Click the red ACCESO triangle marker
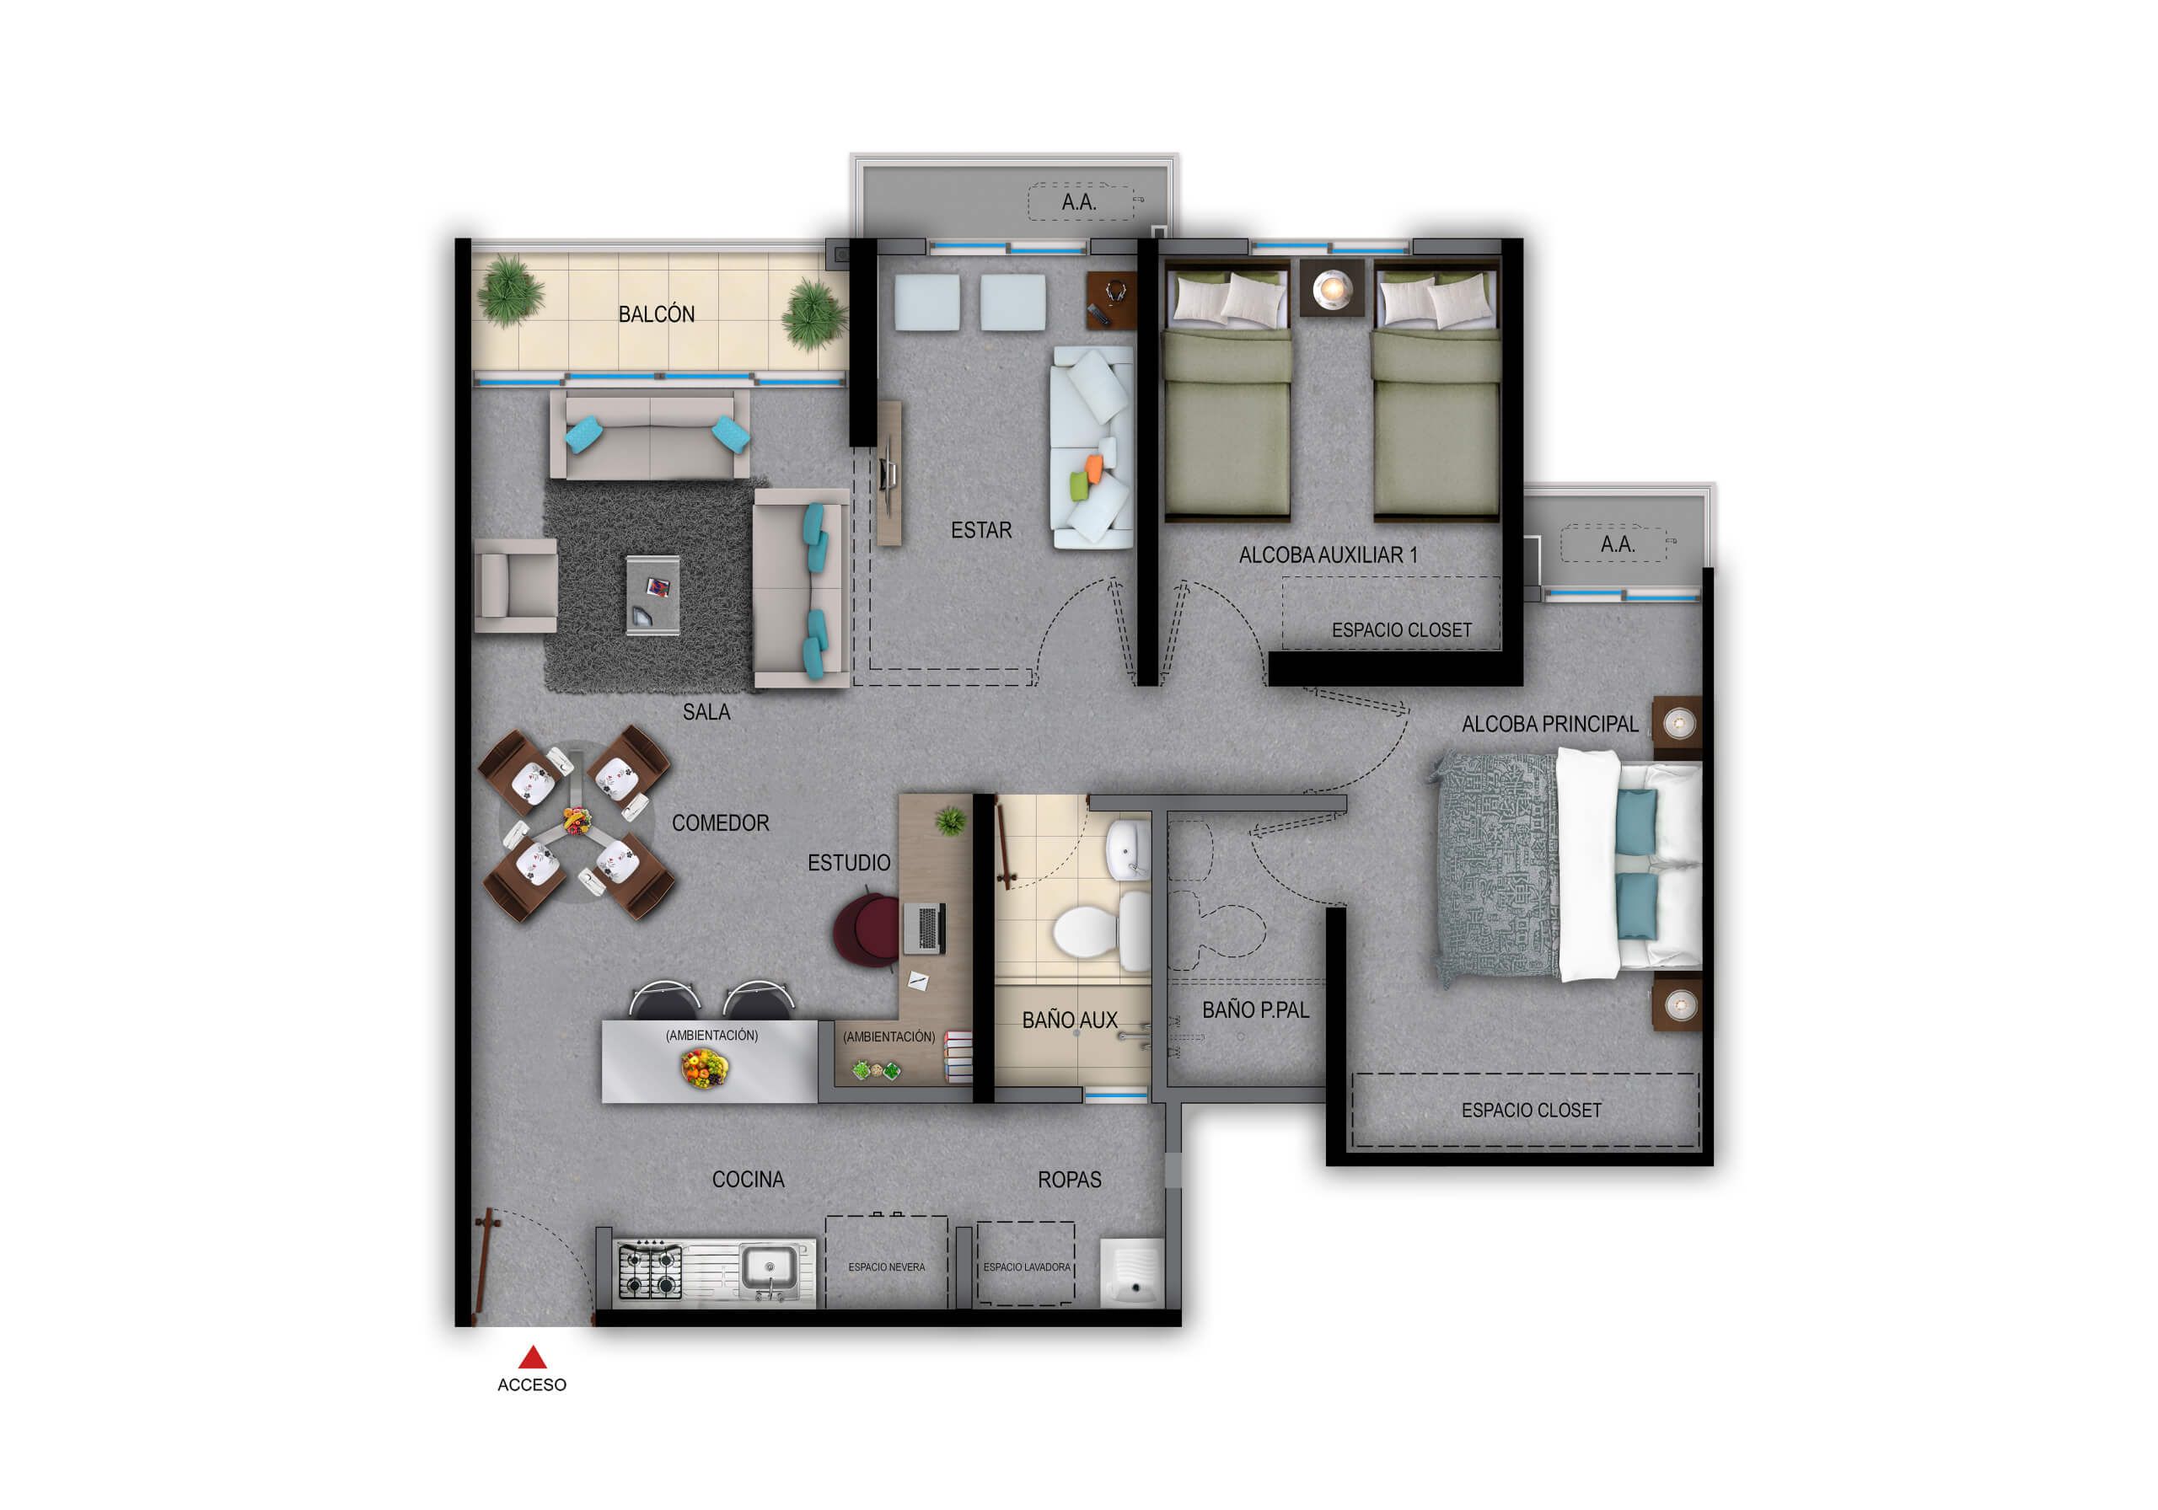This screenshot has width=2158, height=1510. pyautogui.click(x=533, y=1356)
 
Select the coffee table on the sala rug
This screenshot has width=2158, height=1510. pyautogui.click(x=653, y=595)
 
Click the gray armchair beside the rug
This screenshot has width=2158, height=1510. pyautogui.click(x=515, y=585)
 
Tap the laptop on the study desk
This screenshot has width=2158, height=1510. pyautogui.click(x=924, y=928)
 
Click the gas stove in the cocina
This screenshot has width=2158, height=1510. pyautogui.click(x=649, y=1271)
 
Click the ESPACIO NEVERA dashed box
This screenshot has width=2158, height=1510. pyautogui.click(x=886, y=1262)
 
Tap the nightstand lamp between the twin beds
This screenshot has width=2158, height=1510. pyautogui.click(x=1331, y=287)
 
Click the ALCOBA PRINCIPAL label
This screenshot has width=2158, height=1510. pyautogui.click(x=1549, y=725)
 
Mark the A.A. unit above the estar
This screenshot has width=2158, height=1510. pyautogui.click(x=1080, y=202)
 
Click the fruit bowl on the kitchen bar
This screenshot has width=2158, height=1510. pyautogui.click(x=705, y=1068)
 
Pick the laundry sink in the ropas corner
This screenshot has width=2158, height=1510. pyautogui.click(x=1131, y=1272)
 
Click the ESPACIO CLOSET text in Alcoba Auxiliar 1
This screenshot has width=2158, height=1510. pyautogui.click(x=1401, y=630)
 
